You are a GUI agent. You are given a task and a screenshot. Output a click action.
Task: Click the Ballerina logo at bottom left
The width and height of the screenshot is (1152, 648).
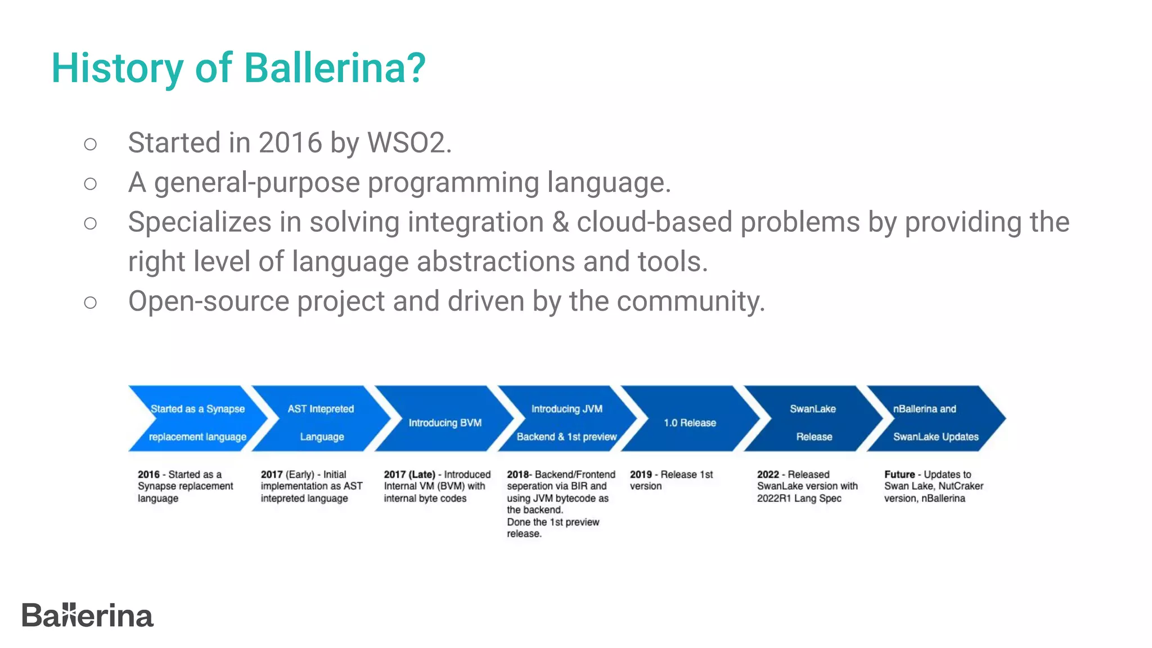pyautogui.click(x=87, y=615)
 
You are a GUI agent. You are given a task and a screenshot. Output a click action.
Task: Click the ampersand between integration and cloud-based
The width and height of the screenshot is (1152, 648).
pyautogui.click(x=560, y=222)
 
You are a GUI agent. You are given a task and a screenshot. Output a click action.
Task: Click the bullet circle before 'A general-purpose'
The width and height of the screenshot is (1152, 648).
pyautogui.click(x=90, y=183)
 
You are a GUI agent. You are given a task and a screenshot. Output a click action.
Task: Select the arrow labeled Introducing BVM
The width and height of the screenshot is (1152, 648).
pyautogui.click(x=444, y=422)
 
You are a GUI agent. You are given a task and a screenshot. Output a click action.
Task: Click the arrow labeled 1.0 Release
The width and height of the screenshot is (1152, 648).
pyautogui.click(x=690, y=422)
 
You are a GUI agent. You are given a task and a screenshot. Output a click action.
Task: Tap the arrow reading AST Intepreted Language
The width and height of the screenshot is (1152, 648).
pyautogui.click(x=321, y=422)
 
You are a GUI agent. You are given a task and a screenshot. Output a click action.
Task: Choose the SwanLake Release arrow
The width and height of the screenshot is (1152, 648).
pyautogui.click(x=813, y=422)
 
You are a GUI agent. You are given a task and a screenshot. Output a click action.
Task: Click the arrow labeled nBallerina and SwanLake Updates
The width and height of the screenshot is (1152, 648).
pyautogui.click(x=935, y=422)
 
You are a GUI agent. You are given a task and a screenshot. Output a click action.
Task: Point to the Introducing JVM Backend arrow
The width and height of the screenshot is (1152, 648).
pyautogui.click(x=566, y=422)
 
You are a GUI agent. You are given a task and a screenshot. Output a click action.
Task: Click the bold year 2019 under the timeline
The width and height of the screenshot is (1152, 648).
pyautogui.click(x=641, y=474)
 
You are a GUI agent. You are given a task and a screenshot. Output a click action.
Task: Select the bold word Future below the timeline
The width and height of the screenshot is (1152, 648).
pyautogui.click(x=899, y=474)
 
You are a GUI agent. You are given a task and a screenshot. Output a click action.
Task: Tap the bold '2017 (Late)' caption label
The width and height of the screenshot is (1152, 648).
pyautogui.click(x=409, y=474)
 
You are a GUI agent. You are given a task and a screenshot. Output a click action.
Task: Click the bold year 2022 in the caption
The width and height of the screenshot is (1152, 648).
pyautogui.click(x=768, y=474)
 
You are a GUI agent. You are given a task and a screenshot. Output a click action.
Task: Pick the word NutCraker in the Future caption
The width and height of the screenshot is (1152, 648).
pyautogui.click(x=961, y=486)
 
